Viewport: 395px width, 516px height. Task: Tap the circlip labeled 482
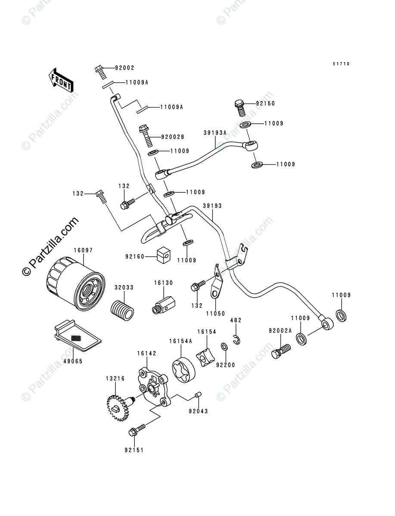(237, 339)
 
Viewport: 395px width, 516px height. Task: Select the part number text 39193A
(215, 133)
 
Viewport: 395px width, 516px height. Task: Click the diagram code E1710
(341, 64)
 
